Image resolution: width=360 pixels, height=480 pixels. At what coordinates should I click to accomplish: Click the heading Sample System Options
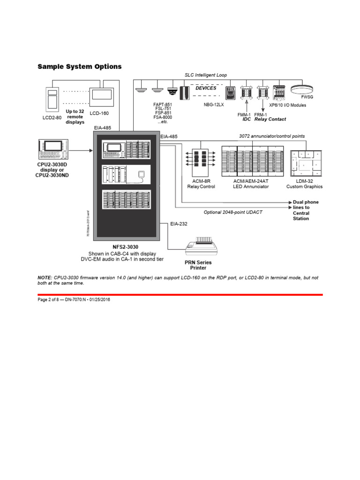[x=80, y=67]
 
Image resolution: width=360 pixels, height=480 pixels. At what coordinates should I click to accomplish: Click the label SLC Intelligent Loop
[x=205, y=75]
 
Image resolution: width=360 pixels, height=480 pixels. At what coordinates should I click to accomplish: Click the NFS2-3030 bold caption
[x=126, y=247]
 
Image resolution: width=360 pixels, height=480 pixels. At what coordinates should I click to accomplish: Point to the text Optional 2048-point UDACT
[x=233, y=212]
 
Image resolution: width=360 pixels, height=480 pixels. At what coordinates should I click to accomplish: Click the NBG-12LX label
[x=214, y=105]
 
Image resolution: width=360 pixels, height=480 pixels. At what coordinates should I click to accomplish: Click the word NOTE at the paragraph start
[x=45, y=277]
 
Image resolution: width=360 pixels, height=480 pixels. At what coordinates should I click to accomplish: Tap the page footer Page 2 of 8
[x=47, y=300]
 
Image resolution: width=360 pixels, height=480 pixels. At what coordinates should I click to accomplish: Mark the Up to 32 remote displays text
[x=75, y=117]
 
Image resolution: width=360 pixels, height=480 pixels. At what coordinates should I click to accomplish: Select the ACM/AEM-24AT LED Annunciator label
[x=251, y=184]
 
